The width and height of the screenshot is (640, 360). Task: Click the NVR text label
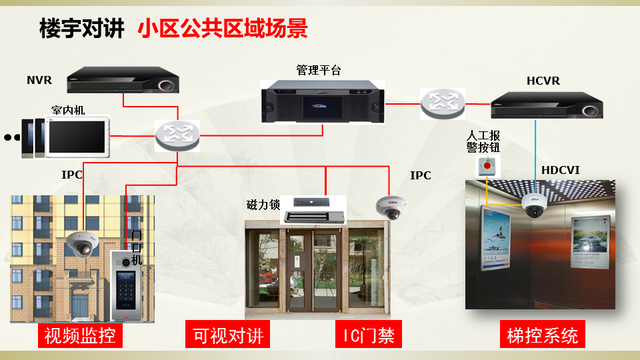(39, 81)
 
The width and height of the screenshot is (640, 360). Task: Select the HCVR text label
(543, 81)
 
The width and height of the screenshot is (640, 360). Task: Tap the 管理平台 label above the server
(318, 70)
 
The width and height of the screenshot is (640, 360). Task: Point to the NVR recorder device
(125, 80)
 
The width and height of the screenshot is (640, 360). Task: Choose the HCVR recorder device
(547, 105)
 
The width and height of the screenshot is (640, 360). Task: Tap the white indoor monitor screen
(77, 137)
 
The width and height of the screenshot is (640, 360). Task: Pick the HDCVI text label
(560, 171)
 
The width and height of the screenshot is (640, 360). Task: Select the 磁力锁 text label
(263, 204)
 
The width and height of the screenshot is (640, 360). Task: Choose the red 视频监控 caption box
(80, 335)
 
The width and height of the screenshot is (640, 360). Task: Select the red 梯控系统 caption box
(542, 335)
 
